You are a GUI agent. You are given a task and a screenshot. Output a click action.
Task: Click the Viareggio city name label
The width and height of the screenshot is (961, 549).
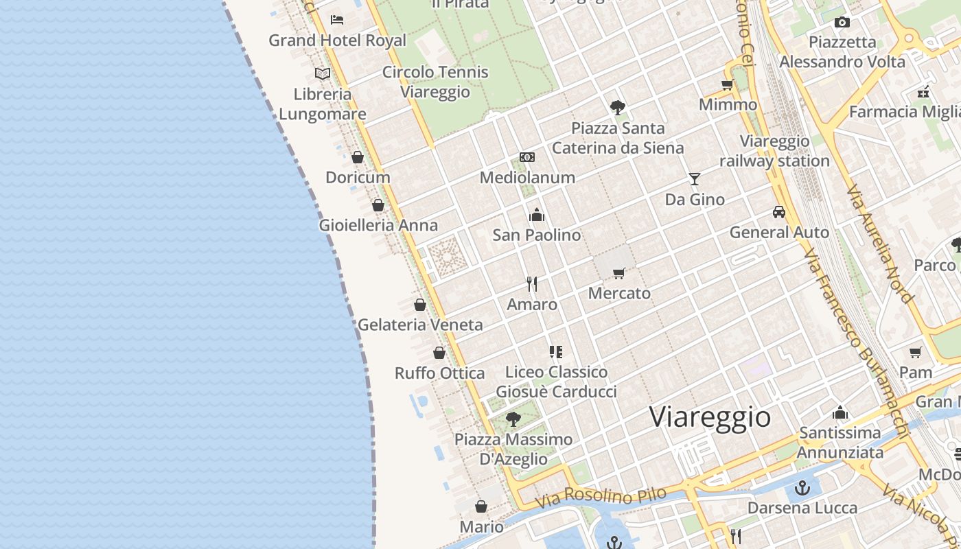(710, 417)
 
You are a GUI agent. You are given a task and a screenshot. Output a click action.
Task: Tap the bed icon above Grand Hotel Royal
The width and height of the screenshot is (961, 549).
(336, 19)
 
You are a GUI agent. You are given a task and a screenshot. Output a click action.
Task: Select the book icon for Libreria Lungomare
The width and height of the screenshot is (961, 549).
(323, 73)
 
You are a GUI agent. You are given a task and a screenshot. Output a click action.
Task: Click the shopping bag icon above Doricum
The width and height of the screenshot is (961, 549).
(358, 157)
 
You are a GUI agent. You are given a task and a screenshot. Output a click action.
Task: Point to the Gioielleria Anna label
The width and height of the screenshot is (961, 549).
(378, 225)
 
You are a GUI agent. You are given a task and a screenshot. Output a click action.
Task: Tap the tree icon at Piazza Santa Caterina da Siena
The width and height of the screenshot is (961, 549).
(618, 107)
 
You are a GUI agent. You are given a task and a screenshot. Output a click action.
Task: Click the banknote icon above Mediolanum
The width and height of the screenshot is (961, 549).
(527, 157)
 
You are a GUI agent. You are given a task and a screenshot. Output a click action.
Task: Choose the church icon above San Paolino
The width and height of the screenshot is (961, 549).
(537, 215)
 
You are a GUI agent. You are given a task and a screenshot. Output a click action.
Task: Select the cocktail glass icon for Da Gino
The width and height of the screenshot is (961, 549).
(695, 179)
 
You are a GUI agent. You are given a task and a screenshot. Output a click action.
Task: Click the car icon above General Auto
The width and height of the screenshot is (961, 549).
(779, 212)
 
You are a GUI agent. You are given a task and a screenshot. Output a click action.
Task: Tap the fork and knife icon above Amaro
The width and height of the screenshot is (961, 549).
(532, 283)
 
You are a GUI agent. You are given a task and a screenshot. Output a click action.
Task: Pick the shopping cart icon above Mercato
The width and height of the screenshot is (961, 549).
(619, 273)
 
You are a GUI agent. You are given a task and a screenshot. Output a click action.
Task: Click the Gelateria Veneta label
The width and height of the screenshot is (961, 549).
(420, 325)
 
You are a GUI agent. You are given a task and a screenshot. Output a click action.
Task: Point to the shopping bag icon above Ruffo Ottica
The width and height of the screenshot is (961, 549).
(439, 353)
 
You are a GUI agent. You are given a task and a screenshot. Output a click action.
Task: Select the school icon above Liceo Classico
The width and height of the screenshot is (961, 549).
(556, 352)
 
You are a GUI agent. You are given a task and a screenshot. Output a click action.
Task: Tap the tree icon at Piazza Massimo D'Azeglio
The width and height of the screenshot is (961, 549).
(513, 419)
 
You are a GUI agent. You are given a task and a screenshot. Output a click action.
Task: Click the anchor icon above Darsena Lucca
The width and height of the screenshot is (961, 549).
(802, 488)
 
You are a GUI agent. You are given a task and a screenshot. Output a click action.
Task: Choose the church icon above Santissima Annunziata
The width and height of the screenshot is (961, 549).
(840, 412)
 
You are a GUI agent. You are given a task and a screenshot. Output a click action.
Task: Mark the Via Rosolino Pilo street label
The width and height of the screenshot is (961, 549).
(601, 498)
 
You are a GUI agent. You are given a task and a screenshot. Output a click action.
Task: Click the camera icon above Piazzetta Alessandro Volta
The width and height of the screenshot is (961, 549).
(842, 22)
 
